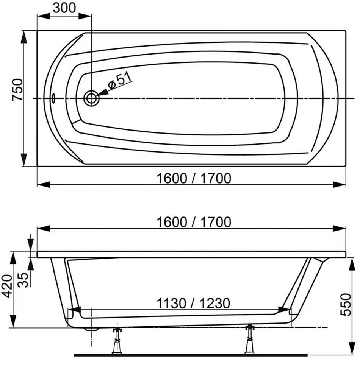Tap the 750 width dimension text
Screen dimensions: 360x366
tap(17, 90)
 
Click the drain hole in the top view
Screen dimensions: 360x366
tap(91, 98)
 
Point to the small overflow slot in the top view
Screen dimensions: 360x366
tap(53, 98)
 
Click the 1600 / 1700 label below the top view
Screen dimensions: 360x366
tap(194, 178)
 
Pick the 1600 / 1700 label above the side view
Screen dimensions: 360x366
tap(194, 222)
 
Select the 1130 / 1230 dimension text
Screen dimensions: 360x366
tap(193, 303)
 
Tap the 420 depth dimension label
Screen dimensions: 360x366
tap(7, 286)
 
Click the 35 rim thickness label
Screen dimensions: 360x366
tap(23, 280)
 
